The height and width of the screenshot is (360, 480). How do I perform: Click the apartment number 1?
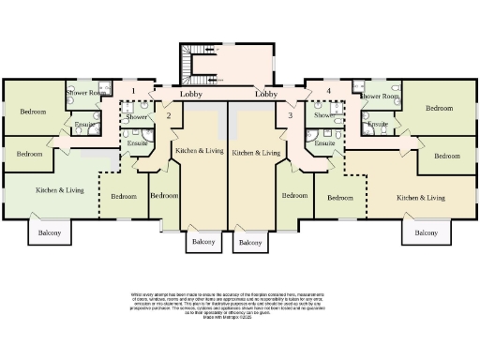pyautogui.click(x=134, y=91)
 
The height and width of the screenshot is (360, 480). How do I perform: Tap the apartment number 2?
pyautogui.click(x=168, y=115)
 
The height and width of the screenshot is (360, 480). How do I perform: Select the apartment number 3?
pyautogui.click(x=291, y=115)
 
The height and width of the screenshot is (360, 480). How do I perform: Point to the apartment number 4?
pyautogui.click(x=328, y=91)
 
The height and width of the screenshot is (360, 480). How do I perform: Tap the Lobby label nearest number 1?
pyautogui.click(x=191, y=95)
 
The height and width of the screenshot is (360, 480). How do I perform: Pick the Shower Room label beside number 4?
pyautogui.click(x=381, y=96)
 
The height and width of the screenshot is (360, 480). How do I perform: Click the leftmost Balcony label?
pyautogui.click(x=50, y=232)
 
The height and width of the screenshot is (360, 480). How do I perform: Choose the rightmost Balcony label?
pyautogui.click(x=426, y=232)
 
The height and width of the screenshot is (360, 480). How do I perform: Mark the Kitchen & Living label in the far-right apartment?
pyautogui.click(x=420, y=198)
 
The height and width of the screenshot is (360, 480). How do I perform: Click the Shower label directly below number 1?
pyautogui.click(x=137, y=117)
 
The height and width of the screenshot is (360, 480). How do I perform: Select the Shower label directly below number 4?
pyautogui.click(x=324, y=115)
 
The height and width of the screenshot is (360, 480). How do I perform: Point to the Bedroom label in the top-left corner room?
pyautogui.click(x=32, y=112)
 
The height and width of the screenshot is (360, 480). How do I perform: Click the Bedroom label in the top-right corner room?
pyautogui.click(x=439, y=108)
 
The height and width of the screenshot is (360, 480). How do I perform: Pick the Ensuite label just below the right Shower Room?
pyautogui.click(x=378, y=124)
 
